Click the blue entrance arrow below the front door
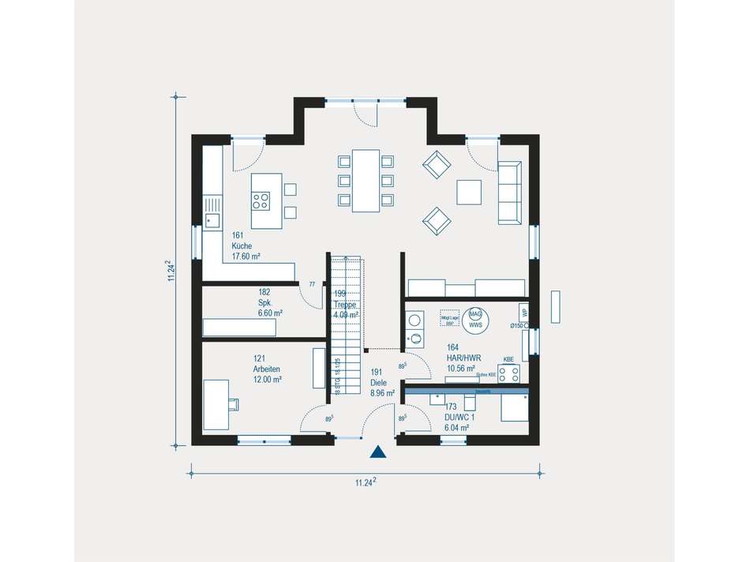(378, 451)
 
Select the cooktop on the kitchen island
(261, 200)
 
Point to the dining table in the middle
(366, 181)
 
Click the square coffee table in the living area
(469, 192)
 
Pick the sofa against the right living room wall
(510, 192)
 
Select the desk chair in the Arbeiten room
(234, 405)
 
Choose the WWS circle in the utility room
(475, 318)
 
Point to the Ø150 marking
(518, 325)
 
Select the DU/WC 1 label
(453, 417)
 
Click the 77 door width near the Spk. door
(312, 284)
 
